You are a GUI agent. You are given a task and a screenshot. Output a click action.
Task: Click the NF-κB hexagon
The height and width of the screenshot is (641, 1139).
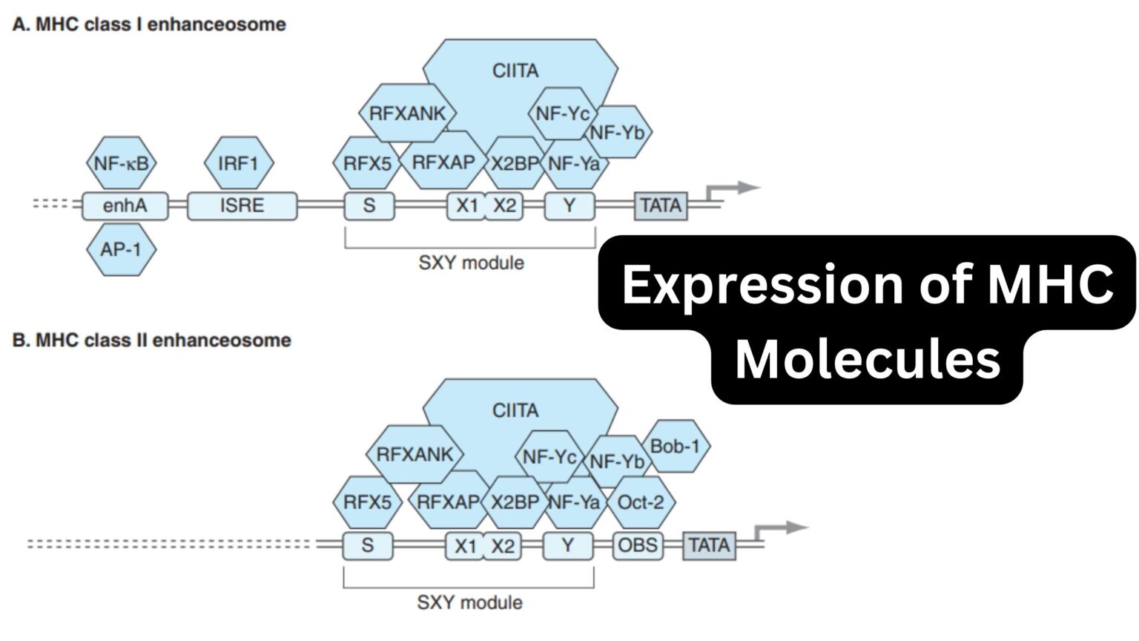click(122, 162)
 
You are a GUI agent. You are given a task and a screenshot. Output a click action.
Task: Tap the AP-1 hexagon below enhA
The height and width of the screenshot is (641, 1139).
click(121, 249)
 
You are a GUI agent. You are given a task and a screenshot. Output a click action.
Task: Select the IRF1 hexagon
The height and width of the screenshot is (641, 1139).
click(238, 162)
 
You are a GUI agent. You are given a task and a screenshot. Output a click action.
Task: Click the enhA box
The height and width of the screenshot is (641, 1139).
click(125, 206)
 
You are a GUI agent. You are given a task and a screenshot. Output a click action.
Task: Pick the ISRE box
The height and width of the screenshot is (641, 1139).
click(242, 206)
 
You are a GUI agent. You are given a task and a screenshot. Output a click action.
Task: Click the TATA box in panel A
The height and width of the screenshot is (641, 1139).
click(660, 206)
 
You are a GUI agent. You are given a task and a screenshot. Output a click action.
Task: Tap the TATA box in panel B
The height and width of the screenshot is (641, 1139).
click(709, 545)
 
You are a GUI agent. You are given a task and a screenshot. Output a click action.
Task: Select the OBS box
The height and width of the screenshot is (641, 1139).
click(638, 545)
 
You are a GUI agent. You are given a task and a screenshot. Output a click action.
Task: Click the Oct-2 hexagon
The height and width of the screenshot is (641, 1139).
click(641, 502)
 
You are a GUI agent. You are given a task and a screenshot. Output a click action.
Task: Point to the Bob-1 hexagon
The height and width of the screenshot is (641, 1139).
click(674, 446)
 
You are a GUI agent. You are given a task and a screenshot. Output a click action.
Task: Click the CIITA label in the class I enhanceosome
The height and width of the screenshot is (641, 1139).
click(515, 70)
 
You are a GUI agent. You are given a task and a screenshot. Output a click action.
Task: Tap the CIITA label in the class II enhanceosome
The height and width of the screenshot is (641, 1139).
click(515, 410)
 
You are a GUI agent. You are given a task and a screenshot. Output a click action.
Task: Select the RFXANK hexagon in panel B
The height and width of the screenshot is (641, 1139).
click(415, 455)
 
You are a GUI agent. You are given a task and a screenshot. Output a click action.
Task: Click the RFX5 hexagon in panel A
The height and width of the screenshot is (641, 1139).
click(367, 162)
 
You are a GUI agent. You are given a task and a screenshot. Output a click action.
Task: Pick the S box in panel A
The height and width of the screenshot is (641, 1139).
click(369, 206)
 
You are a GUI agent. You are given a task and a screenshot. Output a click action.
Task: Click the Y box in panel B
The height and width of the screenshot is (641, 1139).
click(567, 545)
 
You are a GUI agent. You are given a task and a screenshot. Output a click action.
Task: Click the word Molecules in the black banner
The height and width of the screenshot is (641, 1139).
click(867, 359)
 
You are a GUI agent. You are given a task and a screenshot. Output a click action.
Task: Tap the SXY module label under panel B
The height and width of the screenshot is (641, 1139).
click(469, 602)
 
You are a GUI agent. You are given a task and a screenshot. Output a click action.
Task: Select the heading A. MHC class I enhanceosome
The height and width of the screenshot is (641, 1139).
click(149, 24)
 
